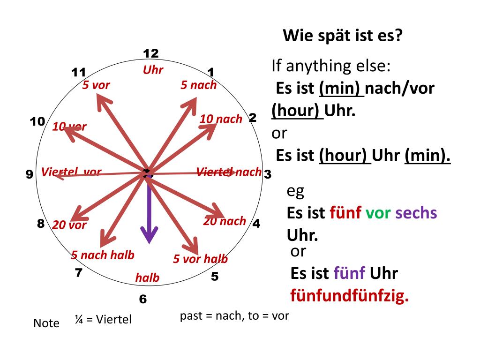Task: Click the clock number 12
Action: click(x=151, y=53)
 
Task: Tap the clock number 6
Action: click(x=143, y=299)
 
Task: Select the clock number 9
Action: click(x=29, y=175)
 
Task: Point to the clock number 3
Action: click(x=268, y=175)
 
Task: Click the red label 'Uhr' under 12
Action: click(x=153, y=70)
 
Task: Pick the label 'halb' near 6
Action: click(x=148, y=278)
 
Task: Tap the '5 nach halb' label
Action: click(x=103, y=255)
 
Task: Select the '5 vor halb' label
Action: click(x=200, y=259)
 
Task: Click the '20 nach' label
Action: click(x=225, y=221)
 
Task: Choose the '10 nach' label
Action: click(x=221, y=119)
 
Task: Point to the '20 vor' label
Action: click(x=69, y=225)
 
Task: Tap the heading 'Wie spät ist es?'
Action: click(x=343, y=36)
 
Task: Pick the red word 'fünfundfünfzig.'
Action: click(x=350, y=296)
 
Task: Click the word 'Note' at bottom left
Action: click(x=46, y=323)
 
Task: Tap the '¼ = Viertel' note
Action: click(x=103, y=320)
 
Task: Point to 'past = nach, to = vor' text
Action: click(x=234, y=315)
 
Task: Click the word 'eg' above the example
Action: click(x=296, y=191)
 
